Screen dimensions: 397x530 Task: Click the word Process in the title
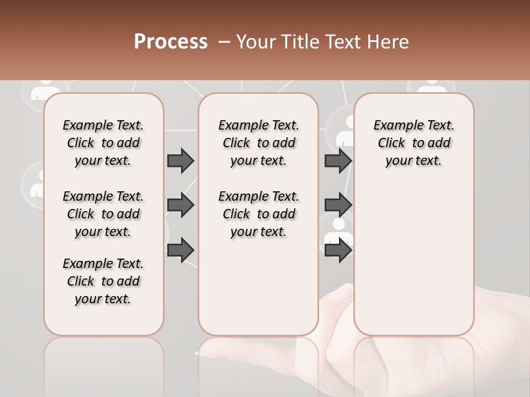(171, 42)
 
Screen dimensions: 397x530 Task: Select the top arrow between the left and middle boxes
(181, 161)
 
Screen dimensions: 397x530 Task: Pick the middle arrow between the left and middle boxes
(181, 205)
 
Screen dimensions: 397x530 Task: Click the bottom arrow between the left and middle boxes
(181, 250)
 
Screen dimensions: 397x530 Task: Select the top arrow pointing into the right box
(338, 161)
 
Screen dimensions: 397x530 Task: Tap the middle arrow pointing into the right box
(338, 205)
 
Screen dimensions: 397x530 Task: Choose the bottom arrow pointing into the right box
(338, 250)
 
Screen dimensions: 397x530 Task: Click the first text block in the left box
(103, 143)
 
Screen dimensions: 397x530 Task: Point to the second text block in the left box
(103, 214)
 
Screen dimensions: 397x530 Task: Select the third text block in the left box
(103, 281)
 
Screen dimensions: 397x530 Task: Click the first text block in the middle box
(258, 143)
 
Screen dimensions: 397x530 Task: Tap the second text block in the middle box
(258, 214)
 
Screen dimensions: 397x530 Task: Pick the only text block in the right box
(414, 143)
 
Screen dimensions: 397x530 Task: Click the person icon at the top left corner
(45, 89)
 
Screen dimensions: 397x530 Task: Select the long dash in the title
(224, 42)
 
